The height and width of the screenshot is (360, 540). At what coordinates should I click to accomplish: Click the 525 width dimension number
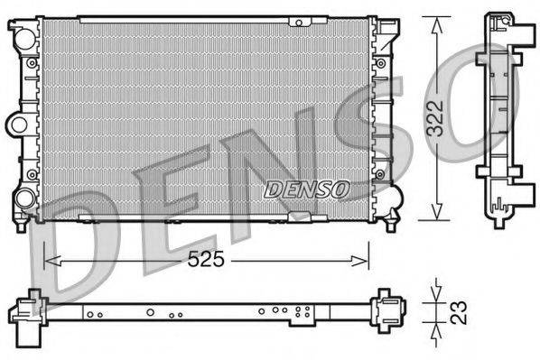pos(205,259)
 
